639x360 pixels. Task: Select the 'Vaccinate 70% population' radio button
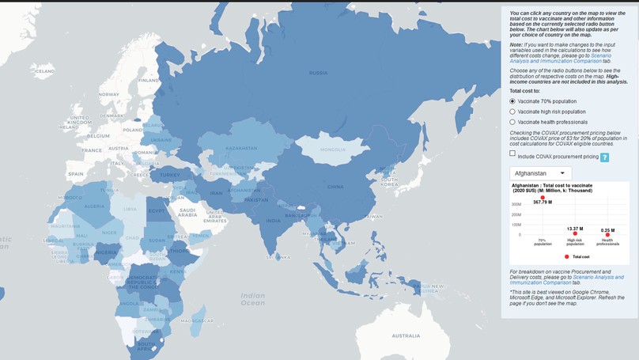(x=512, y=101)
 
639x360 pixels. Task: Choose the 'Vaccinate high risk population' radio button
(x=512, y=112)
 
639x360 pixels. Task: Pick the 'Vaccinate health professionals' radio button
(x=512, y=122)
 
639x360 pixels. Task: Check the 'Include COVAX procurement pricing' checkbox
(x=512, y=154)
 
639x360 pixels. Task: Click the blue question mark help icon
(x=604, y=157)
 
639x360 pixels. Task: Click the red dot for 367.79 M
(x=543, y=197)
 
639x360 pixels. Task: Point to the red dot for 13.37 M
(x=575, y=233)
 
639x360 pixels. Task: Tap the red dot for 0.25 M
(x=607, y=234)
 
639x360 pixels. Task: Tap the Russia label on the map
(x=318, y=73)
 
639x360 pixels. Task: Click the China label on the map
(x=335, y=187)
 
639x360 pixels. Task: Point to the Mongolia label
(x=333, y=150)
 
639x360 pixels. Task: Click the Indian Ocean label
(x=253, y=298)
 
